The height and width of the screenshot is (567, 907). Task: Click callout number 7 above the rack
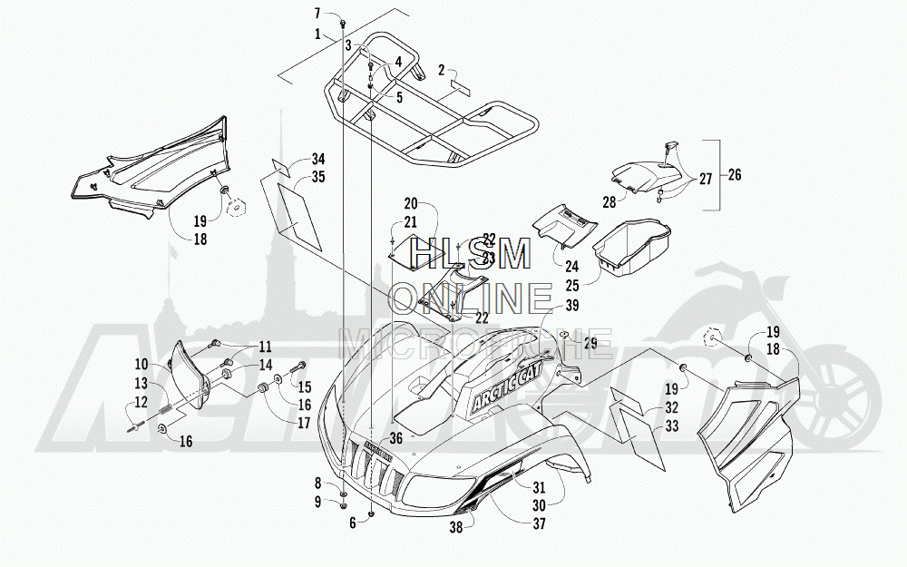[317, 13]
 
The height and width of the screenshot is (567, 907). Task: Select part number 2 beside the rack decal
[441, 70]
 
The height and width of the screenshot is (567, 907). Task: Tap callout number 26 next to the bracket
[733, 175]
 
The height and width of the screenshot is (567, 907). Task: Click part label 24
[571, 267]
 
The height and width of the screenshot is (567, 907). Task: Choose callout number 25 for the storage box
[571, 285]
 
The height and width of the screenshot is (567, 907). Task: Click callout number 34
[293, 159]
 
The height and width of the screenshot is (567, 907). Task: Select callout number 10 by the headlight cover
[142, 364]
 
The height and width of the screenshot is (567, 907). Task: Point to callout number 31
[538, 486]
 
